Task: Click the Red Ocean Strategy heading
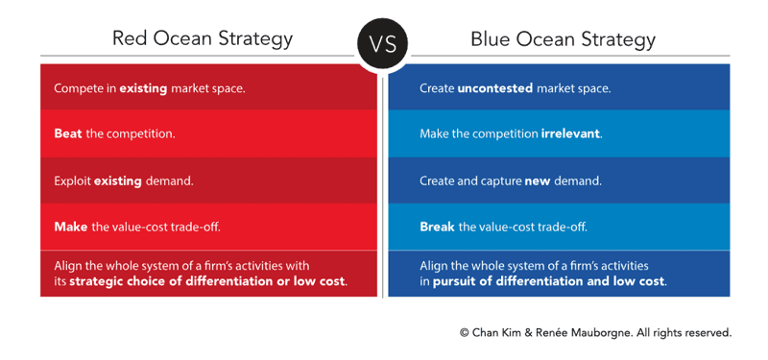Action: pos(202,39)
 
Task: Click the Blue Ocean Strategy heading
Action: pos(563,39)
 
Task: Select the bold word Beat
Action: pos(68,133)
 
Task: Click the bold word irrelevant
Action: pos(570,133)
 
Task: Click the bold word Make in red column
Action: pos(70,227)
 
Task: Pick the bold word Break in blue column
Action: pos(437,227)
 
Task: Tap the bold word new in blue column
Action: pos(537,180)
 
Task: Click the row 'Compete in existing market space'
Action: pos(150,88)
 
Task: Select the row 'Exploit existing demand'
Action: pos(122,180)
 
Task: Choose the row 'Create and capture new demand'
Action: pos(510,180)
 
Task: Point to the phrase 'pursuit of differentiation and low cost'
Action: pos(549,281)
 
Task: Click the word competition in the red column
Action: pos(141,133)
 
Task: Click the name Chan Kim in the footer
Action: pos(495,333)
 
